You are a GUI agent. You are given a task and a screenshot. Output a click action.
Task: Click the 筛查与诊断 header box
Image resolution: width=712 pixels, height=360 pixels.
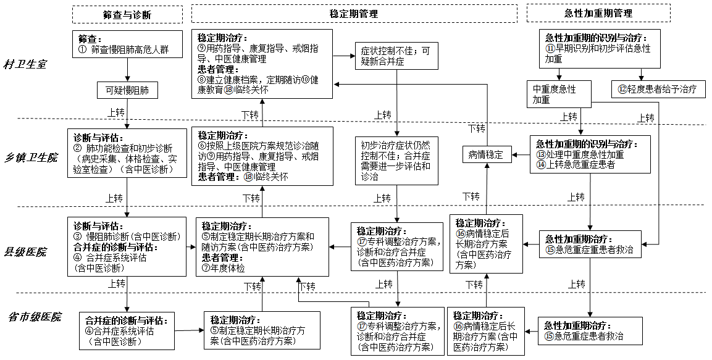pos(127,14)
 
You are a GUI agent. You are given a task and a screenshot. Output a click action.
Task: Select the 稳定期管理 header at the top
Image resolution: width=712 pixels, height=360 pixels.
pos(354,13)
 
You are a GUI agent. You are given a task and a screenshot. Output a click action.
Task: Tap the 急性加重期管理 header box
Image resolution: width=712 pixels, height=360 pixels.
pos(598,13)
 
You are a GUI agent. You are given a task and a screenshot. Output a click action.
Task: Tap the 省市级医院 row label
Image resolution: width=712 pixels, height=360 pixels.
pos(35,317)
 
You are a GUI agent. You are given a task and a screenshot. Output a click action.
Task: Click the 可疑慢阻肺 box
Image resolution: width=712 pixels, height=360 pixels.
pos(127,91)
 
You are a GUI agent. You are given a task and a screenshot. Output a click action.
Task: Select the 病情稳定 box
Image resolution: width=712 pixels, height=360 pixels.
pos(487,155)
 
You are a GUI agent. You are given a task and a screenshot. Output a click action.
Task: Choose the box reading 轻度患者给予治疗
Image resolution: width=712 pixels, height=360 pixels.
pos(658,90)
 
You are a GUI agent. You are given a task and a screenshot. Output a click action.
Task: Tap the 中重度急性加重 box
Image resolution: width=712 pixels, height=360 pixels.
pos(558,94)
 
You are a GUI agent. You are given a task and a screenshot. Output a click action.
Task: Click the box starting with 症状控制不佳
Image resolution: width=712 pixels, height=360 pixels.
pos(396,57)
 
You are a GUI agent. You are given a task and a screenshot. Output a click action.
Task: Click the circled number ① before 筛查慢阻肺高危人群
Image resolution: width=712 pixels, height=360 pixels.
pos(83,49)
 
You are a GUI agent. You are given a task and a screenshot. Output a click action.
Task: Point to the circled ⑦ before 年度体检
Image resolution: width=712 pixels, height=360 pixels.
pos(206,268)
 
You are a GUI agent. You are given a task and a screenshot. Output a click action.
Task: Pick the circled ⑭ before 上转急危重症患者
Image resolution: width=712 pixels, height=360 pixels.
pos(542,165)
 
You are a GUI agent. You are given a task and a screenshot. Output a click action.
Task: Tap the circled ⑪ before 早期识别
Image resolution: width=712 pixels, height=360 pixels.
pos(550,48)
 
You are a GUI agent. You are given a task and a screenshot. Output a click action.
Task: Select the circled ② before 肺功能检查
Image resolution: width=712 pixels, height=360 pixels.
pos(78,148)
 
